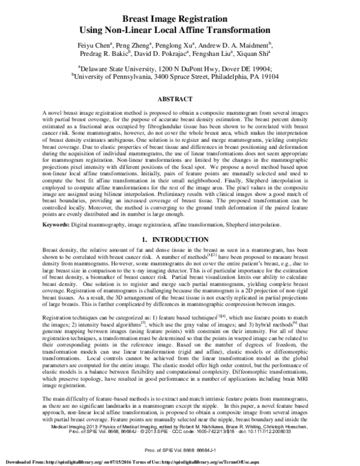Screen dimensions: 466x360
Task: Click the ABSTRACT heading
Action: pyautogui.click(x=179, y=97)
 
